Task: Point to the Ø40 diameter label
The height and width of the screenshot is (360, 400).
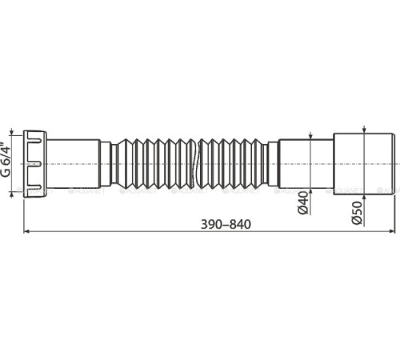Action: point(303,203)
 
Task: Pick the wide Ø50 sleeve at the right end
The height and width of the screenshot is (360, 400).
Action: point(361,162)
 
